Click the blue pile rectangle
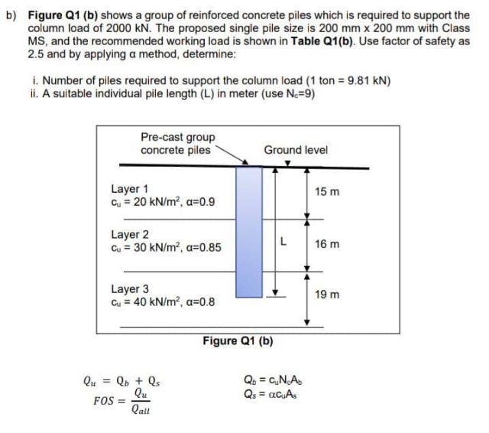tap(248, 231)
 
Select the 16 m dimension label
tap(325, 244)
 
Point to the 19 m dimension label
tap(325, 294)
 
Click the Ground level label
tap(296, 150)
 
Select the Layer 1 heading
tap(130, 188)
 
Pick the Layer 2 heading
tap(130, 234)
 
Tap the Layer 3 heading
tap(130, 289)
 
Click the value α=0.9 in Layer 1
tap(199, 202)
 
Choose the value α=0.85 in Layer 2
tap(202, 248)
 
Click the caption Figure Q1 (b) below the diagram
tap(238, 340)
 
